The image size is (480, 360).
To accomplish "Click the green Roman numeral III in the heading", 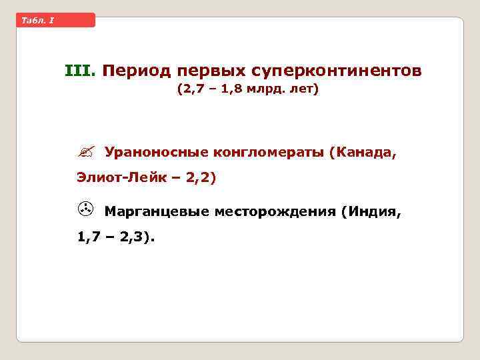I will pyautogui.click(x=80, y=70).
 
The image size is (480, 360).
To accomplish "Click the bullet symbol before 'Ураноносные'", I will pyautogui.click(x=84, y=152).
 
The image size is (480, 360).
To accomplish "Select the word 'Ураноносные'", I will pyautogui.click(x=156, y=153).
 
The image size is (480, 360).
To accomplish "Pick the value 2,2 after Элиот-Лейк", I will pyautogui.click(x=201, y=178).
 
